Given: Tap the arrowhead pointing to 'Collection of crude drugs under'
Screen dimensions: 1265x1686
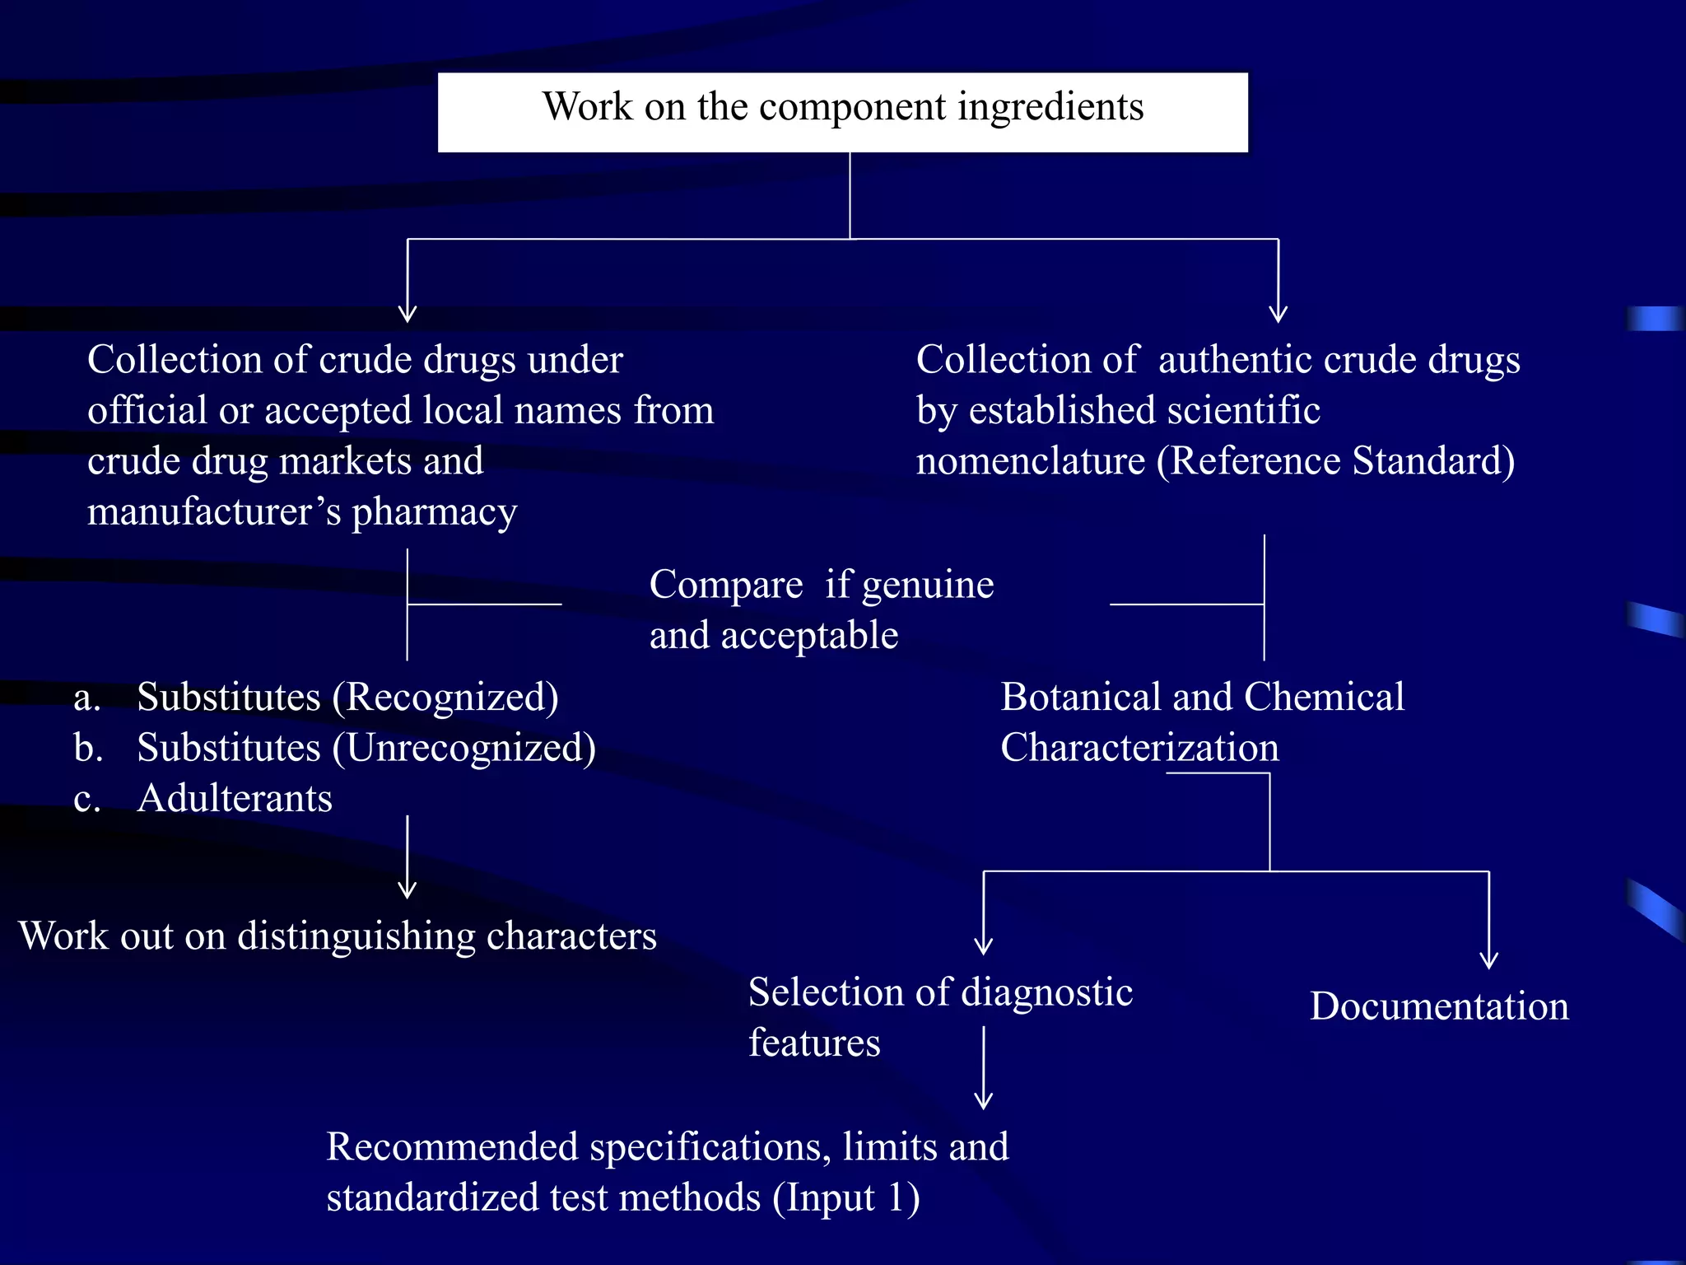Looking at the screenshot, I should click(x=408, y=315).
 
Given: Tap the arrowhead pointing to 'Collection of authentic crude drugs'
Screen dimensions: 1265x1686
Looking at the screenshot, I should click(x=1278, y=315).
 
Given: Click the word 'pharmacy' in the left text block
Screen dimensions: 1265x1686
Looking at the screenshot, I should click(x=435, y=513).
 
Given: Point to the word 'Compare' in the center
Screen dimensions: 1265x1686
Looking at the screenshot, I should click(x=726, y=586).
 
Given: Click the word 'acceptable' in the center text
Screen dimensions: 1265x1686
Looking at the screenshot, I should click(x=809, y=636).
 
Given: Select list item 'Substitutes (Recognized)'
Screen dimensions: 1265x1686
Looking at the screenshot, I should click(x=347, y=698).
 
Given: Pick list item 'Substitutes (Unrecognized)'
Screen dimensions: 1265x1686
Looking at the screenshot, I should click(x=366, y=749).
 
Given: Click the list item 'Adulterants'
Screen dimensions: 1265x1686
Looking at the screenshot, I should click(x=235, y=799).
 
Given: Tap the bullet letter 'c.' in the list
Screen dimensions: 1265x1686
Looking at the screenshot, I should click(x=86, y=799).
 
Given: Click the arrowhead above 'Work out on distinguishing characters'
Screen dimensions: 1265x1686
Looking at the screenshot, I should click(x=408, y=890).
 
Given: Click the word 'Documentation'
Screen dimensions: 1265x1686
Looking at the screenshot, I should click(x=1439, y=1006).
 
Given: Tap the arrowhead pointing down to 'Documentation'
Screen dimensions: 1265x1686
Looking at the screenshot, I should click(x=1488, y=960).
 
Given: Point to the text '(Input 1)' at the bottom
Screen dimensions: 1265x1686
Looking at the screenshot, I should click(x=846, y=1198).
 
